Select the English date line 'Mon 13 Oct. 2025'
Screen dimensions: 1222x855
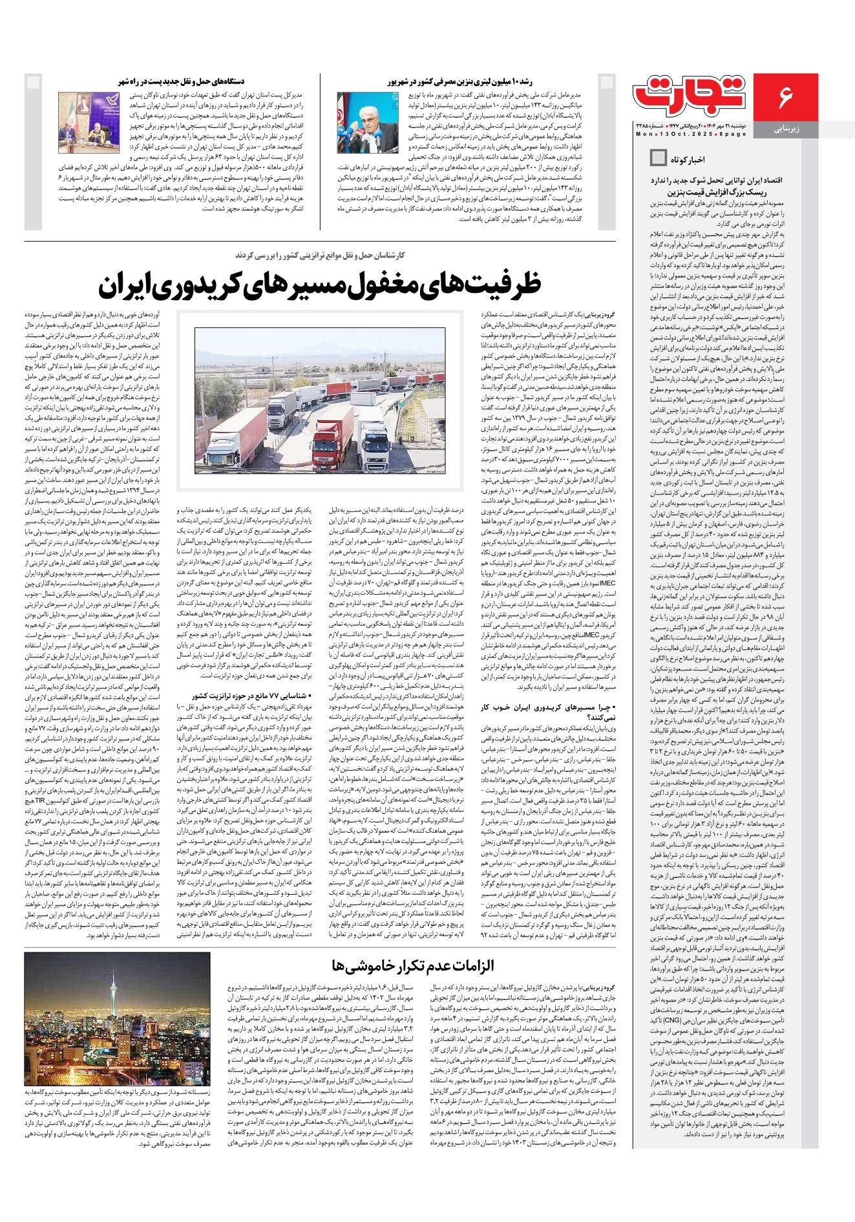690,134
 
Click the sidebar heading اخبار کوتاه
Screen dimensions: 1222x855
688,158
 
